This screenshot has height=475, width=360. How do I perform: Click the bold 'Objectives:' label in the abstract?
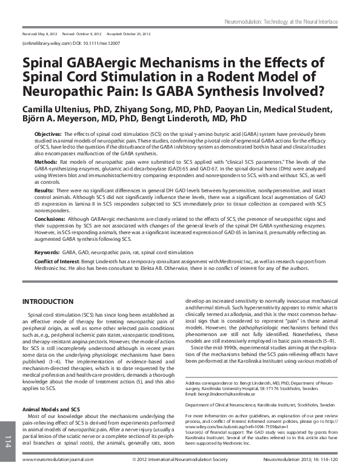(48, 133)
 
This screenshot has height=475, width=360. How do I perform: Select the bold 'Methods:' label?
(46, 163)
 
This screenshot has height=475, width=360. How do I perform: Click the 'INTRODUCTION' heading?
(48, 302)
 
